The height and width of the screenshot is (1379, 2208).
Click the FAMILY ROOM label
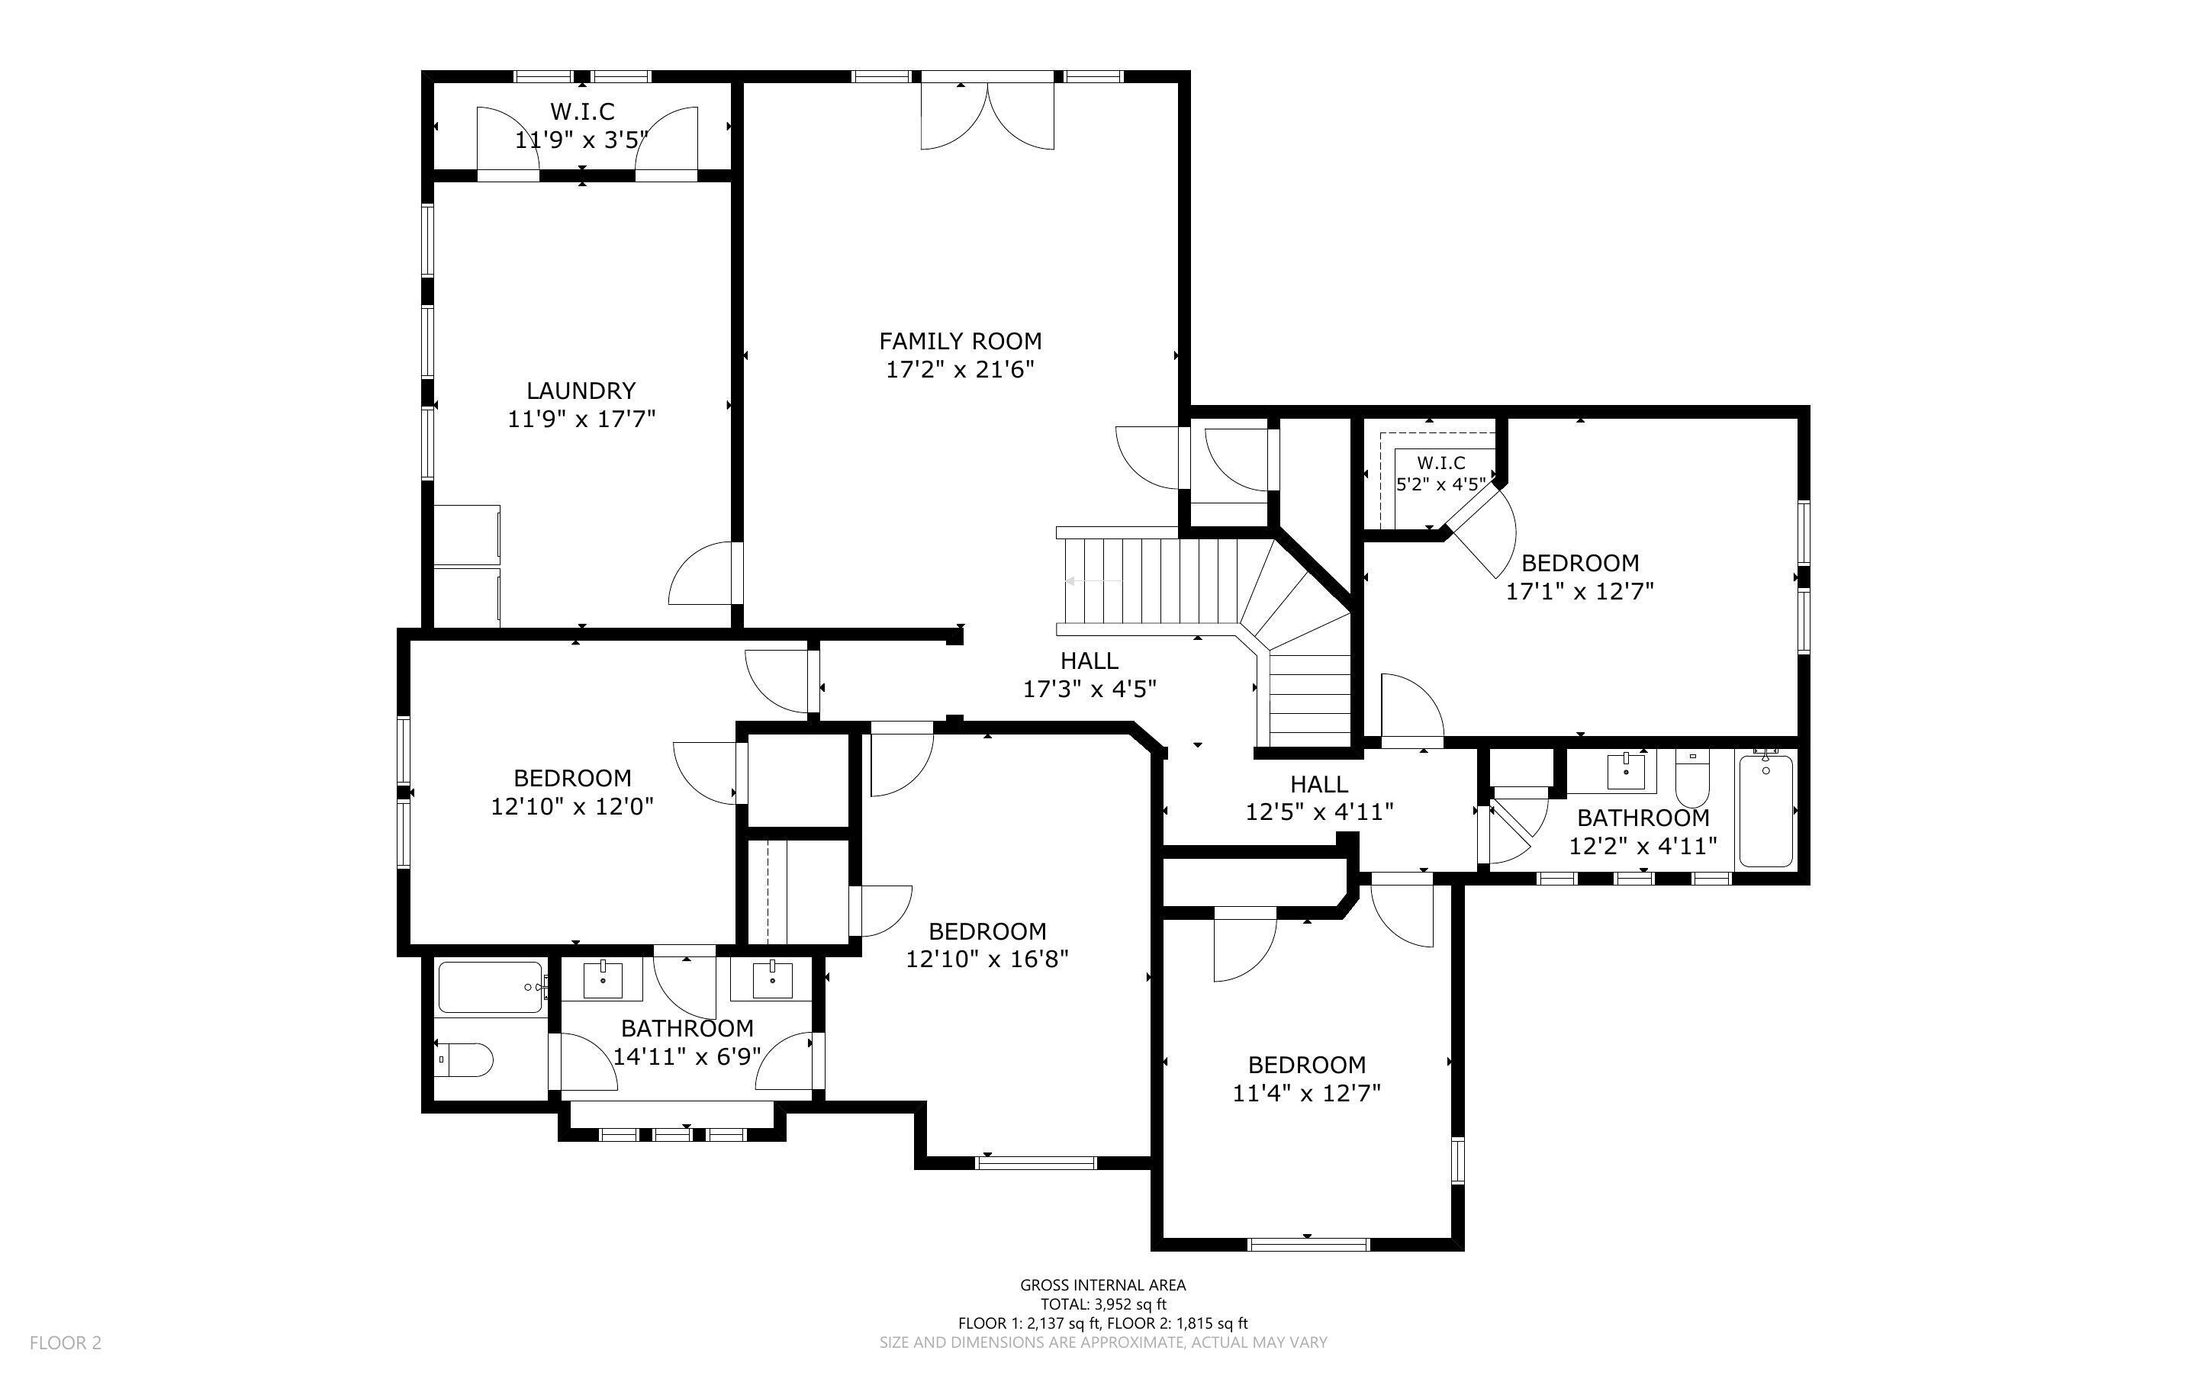(960, 341)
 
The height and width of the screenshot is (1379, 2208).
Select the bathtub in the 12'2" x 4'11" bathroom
(1765, 810)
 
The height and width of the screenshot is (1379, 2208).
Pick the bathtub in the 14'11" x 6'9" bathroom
(491, 988)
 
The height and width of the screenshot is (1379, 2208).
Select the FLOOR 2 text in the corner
(66, 1342)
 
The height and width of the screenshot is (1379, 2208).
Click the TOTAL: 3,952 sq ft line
(1102, 1304)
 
